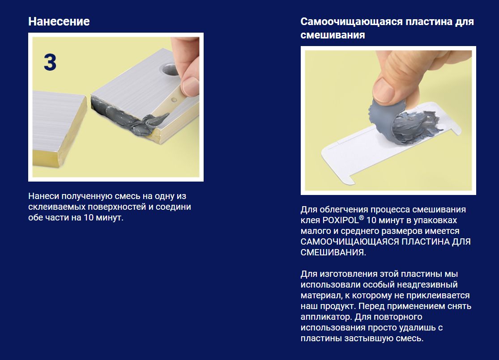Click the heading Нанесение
(x=59, y=21)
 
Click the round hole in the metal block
(x=170, y=70)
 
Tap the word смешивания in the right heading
(x=333, y=34)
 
